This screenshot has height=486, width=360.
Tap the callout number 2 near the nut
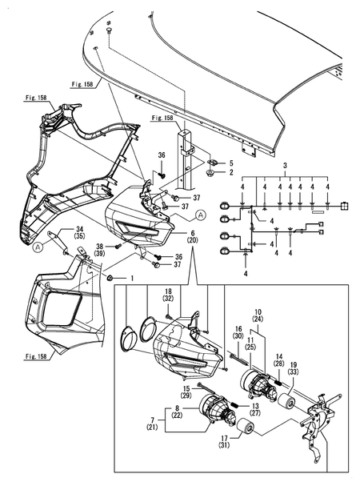point(232,172)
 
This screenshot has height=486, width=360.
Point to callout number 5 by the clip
point(232,163)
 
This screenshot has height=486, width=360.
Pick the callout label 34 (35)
point(58,233)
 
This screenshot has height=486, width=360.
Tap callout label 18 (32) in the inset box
point(169,296)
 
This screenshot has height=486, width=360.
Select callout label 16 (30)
point(238,332)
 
